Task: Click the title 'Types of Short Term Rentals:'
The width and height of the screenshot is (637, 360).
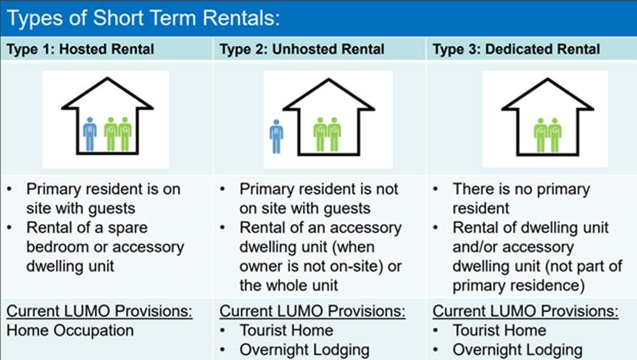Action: [x=144, y=18]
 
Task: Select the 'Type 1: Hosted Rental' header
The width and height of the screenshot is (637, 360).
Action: [x=81, y=49]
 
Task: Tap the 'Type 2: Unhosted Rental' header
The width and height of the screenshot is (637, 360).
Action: [x=302, y=49]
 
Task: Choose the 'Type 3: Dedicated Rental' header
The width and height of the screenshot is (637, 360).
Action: [x=516, y=49]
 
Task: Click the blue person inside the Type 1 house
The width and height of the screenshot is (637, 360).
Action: [x=90, y=134]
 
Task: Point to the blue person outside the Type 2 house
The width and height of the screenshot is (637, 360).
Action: [x=276, y=136]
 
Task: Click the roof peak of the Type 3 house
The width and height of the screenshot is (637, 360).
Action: [x=547, y=80]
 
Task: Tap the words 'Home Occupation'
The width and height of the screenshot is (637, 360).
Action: [x=70, y=330]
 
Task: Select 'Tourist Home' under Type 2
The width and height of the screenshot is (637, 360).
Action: [x=286, y=330]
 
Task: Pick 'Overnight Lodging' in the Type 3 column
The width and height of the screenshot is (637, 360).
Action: [x=518, y=350]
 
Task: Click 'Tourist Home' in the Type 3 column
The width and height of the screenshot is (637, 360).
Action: [x=499, y=330]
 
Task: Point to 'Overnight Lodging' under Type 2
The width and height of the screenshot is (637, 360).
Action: [x=305, y=350]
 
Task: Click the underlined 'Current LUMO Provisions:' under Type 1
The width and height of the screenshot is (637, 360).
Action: [x=100, y=311]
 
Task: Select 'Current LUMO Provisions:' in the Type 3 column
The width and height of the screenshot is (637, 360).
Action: [x=525, y=311]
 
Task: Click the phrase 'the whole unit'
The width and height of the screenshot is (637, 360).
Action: [x=288, y=285]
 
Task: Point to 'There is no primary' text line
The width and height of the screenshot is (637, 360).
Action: [x=521, y=189]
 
